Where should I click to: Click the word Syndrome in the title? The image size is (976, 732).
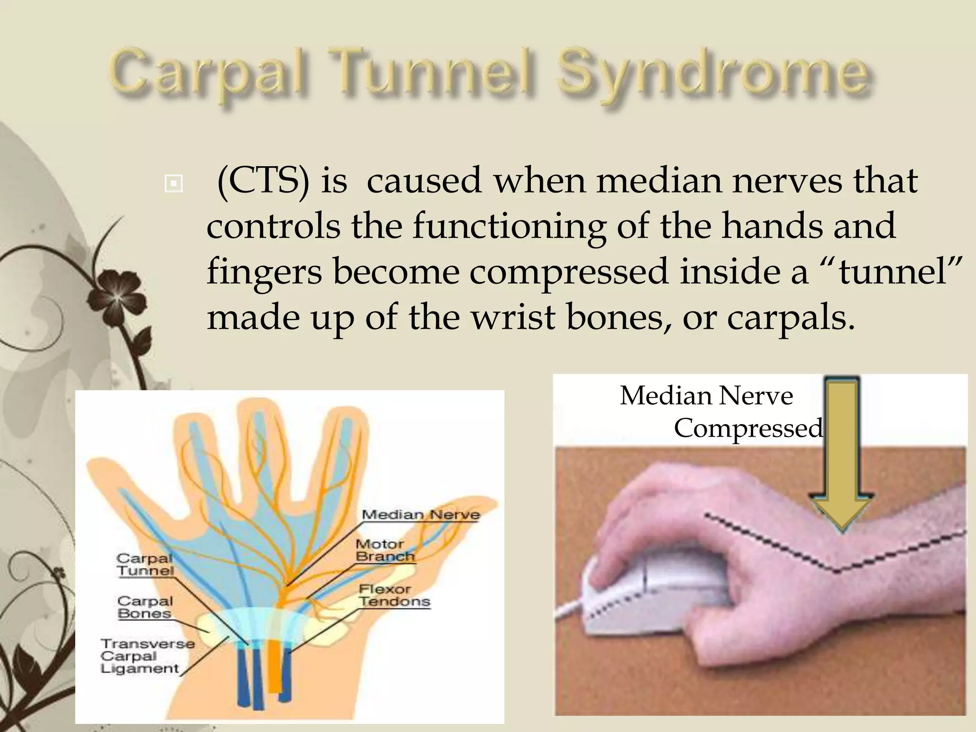pyautogui.click(x=712, y=76)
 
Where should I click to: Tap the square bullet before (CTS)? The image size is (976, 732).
pyautogui.click(x=173, y=183)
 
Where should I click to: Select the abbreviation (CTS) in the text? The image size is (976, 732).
pyautogui.click(x=263, y=181)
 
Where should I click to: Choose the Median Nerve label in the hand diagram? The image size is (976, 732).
pyautogui.click(x=420, y=515)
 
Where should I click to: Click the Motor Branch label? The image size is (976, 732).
pyautogui.click(x=385, y=550)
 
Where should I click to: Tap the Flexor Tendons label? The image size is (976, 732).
pyautogui.click(x=394, y=596)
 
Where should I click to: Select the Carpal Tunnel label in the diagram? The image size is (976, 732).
pyautogui.click(x=145, y=564)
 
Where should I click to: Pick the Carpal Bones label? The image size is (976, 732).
pyautogui.click(x=144, y=607)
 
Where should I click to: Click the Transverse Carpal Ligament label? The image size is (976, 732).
pyautogui.click(x=147, y=656)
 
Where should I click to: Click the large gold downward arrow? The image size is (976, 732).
pyautogui.click(x=842, y=457)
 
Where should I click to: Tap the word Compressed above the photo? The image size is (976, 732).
pyautogui.click(x=748, y=428)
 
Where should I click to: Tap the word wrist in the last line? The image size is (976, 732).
pyautogui.click(x=513, y=317)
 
